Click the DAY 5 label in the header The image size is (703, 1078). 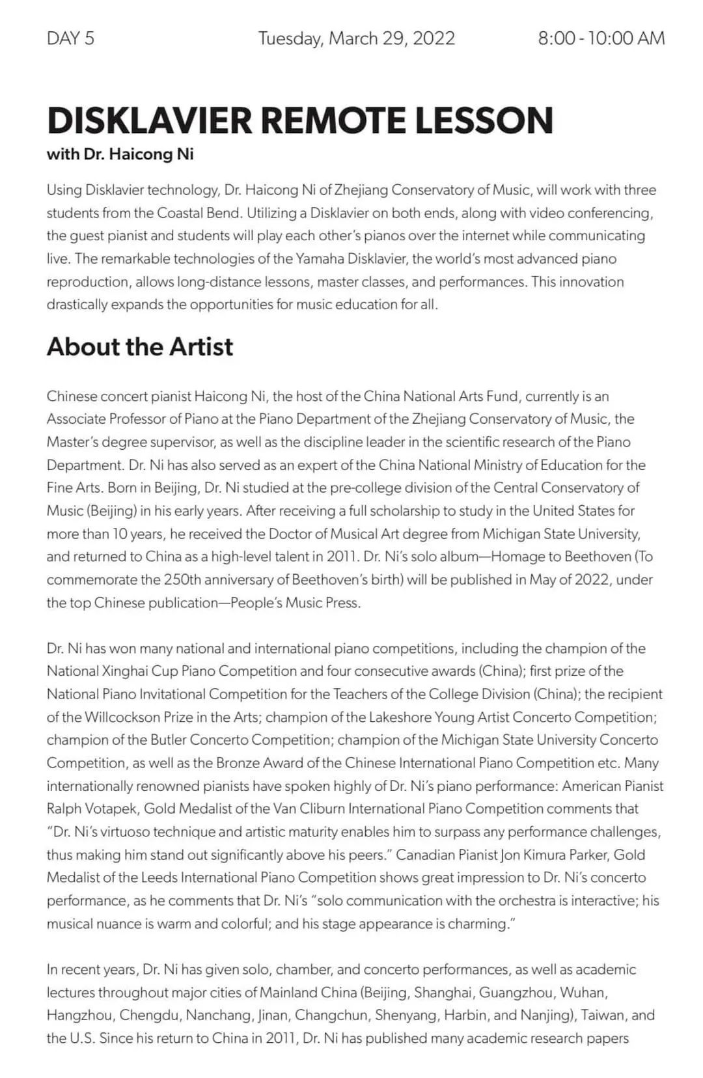click(x=70, y=38)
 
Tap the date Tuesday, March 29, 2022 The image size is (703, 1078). click(x=356, y=38)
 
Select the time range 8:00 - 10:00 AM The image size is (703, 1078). click(x=601, y=38)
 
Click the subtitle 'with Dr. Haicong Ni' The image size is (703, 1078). click(x=120, y=154)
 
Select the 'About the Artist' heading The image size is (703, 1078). click(x=139, y=346)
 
